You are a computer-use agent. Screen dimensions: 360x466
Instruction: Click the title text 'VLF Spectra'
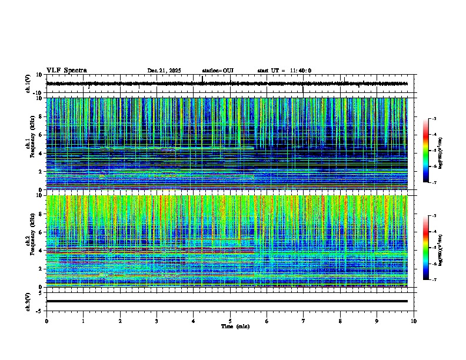(66, 71)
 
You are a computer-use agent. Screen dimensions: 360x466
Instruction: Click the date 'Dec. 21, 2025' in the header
(164, 71)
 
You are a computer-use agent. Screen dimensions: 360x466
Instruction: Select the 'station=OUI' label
(218, 71)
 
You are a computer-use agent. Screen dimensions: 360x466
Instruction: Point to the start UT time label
(284, 71)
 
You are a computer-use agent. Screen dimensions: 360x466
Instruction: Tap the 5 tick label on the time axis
(230, 321)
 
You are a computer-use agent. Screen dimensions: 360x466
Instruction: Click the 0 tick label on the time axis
(46, 321)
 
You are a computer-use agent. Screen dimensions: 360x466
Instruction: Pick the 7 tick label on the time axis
(304, 321)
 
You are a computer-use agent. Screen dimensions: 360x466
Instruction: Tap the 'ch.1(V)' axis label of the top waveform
(28, 84)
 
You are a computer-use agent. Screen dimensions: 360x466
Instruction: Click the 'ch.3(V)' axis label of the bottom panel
(28, 301)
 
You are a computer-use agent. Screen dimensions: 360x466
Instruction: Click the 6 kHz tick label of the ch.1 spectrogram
(41, 135)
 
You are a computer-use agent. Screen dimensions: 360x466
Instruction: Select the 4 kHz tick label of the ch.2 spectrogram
(41, 250)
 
